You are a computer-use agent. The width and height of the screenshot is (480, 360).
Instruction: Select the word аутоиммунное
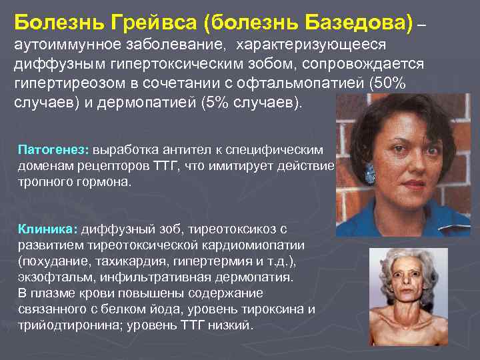click(x=59, y=45)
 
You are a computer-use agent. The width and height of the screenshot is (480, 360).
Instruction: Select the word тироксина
click(x=273, y=309)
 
